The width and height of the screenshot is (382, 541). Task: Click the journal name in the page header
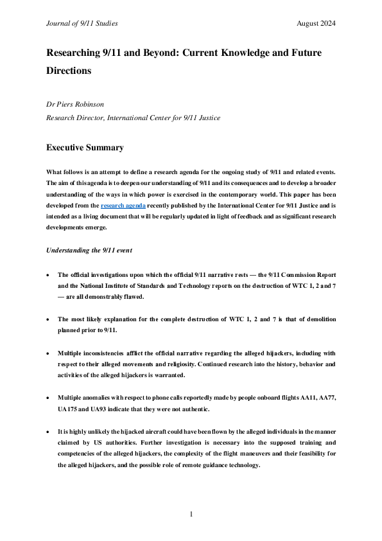click(x=82, y=24)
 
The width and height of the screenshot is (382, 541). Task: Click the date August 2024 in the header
click(x=316, y=24)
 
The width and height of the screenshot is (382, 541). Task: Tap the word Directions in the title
click(x=69, y=70)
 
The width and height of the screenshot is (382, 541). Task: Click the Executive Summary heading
click(x=85, y=148)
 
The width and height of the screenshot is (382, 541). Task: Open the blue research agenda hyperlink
click(x=123, y=206)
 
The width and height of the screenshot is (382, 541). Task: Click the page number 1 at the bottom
click(x=191, y=514)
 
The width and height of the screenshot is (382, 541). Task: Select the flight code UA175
click(x=69, y=409)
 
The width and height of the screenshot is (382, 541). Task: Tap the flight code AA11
click(x=301, y=398)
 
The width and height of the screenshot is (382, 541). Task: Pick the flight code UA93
click(x=100, y=409)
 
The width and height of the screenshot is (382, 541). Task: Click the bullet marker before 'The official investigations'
click(x=49, y=274)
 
